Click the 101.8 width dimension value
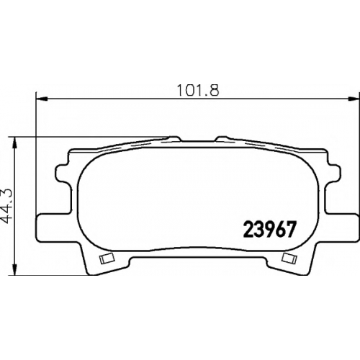(198, 91)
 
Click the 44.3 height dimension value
(7, 206)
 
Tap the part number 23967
(269, 230)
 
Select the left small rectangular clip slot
(107, 258)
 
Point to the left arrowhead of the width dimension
(41, 98)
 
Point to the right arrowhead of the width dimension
(354, 98)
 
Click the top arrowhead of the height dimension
(15, 143)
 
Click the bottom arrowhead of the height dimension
(15, 269)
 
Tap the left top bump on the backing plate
(174, 139)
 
